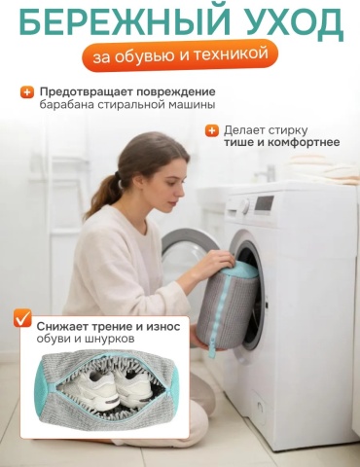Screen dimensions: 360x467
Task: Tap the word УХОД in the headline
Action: pos(293,21)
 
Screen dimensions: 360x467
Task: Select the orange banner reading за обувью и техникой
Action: pos(180,55)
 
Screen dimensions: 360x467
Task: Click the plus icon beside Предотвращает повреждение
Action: pos(26,92)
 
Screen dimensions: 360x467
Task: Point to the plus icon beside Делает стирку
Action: pos(212,130)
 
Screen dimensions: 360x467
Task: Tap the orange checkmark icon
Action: pos(22,318)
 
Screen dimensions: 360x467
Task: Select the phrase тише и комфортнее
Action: pos(281,142)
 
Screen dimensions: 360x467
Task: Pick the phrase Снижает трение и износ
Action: pos(108,326)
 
